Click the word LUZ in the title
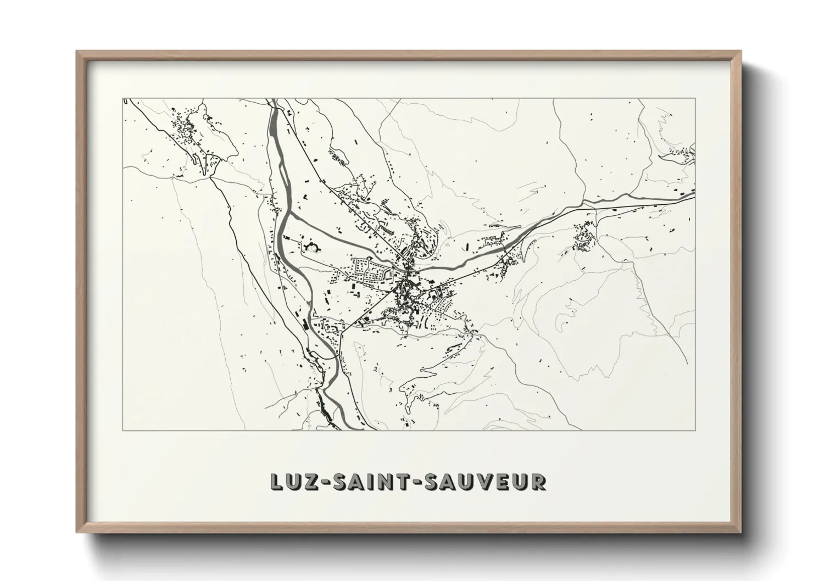coord(294,481)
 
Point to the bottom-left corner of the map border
coord(124,430)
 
